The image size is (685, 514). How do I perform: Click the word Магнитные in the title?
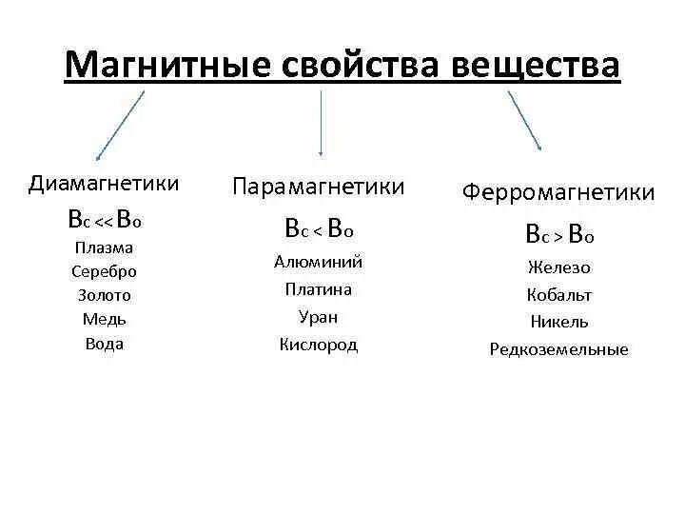[x=167, y=66]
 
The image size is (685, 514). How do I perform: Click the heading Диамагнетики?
[x=105, y=183]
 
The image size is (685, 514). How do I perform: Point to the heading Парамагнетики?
[x=319, y=187]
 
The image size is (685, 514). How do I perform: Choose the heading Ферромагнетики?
[x=558, y=192]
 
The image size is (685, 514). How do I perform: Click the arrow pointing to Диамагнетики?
[x=120, y=125]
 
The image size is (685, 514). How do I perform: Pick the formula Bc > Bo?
[x=559, y=234]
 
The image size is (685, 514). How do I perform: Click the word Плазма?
[x=105, y=247]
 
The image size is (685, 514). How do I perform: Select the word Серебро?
[x=105, y=271]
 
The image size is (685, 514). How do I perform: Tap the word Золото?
[x=105, y=295]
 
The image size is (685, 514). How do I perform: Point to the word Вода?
[x=105, y=344]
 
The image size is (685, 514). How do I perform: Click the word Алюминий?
[x=319, y=263]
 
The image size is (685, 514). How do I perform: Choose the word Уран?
[x=319, y=317]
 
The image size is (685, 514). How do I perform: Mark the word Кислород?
[x=319, y=345]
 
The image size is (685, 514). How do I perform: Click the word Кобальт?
[x=559, y=295]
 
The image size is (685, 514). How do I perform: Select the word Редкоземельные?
[x=559, y=349]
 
